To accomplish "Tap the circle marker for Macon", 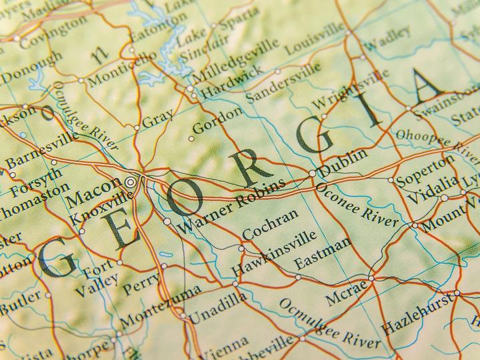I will [x=131, y=180].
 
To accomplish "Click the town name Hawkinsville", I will [x=274, y=253].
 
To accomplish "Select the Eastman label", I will [x=322, y=253].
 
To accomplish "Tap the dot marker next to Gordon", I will [x=191, y=139].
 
